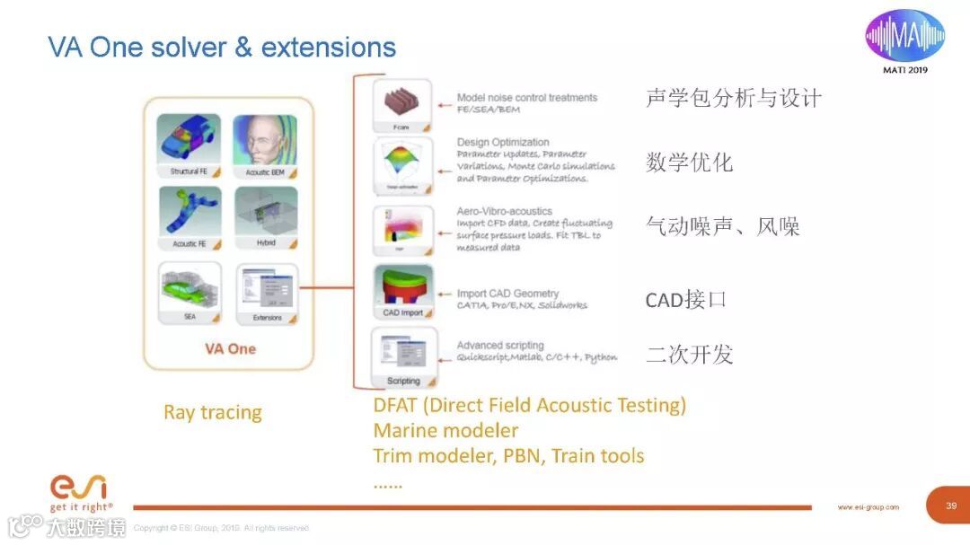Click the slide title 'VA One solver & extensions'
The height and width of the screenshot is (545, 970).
tap(222, 47)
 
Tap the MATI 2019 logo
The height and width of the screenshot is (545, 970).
tap(904, 40)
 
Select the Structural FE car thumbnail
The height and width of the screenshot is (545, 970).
tap(189, 144)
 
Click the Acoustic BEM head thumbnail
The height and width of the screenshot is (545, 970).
tap(265, 144)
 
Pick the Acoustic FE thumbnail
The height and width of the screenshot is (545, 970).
tap(189, 215)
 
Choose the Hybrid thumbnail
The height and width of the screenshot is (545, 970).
tap(265, 215)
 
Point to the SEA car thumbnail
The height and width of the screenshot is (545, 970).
tap(189, 292)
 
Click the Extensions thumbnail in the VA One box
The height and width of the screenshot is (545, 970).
tap(267, 292)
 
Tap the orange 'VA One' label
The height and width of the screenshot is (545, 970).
tap(230, 348)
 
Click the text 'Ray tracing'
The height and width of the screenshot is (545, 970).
tap(213, 413)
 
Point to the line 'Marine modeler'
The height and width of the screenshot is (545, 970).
tap(445, 430)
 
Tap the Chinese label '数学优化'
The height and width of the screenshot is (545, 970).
tap(689, 163)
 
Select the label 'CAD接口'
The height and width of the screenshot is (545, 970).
tap(686, 300)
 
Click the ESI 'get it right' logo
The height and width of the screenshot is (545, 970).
tap(79, 493)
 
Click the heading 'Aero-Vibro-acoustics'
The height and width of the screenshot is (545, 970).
tap(505, 212)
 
